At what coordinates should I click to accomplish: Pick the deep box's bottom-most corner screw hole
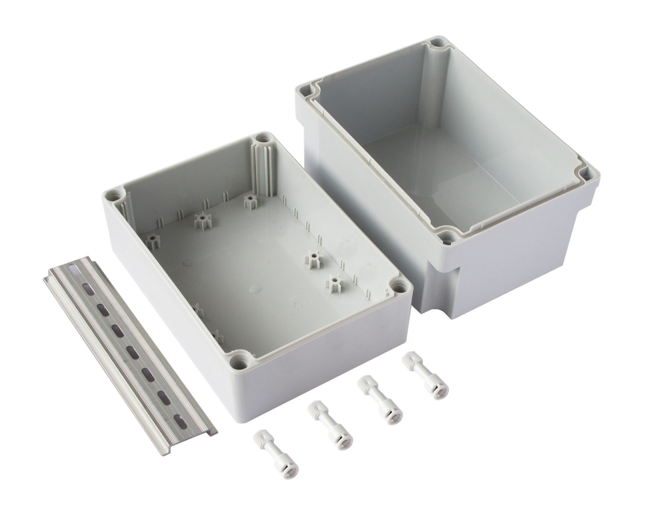click(x=447, y=237)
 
